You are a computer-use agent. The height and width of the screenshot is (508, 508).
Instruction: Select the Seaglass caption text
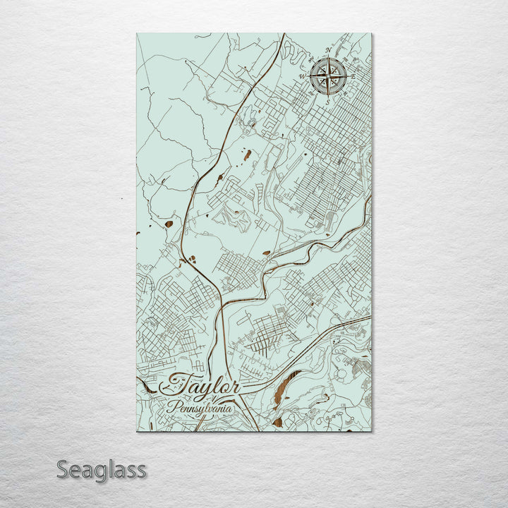(101, 470)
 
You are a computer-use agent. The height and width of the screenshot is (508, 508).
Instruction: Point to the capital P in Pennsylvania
(171, 407)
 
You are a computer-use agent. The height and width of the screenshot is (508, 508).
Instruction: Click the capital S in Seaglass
(63, 469)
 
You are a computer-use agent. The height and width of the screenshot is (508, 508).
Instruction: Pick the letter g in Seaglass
(103, 473)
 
